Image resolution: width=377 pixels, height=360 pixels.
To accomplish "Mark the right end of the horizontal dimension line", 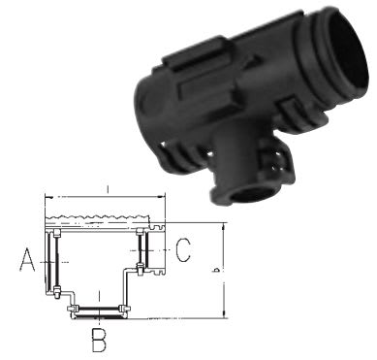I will click(166, 196).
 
